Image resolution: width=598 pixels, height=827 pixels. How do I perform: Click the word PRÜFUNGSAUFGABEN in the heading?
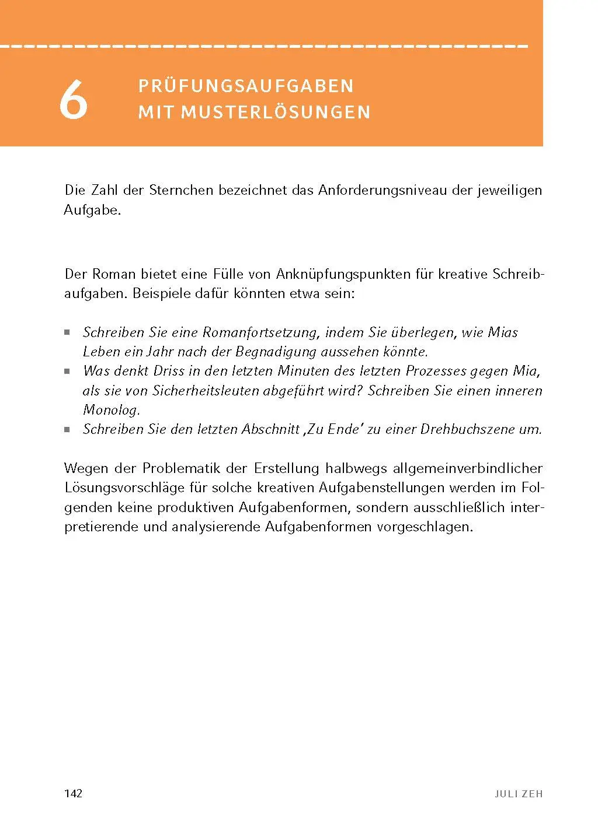click(x=246, y=86)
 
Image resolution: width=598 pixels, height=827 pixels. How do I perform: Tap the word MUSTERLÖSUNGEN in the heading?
click(x=276, y=112)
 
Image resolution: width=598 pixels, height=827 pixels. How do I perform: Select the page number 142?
click(x=73, y=793)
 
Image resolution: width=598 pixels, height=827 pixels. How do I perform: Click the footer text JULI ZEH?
click(x=519, y=794)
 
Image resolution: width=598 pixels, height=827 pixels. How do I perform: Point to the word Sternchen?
click(x=181, y=190)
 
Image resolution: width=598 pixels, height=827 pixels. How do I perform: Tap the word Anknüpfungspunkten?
click(x=343, y=274)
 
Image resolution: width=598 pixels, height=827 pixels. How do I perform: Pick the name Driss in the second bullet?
click(x=169, y=371)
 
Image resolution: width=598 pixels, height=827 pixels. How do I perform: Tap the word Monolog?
click(x=112, y=410)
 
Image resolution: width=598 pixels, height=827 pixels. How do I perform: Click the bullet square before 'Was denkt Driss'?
click(x=67, y=372)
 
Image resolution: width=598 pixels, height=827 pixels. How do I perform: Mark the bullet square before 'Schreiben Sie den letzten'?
click(x=67, y=430)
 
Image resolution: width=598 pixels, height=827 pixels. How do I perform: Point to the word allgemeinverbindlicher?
click(x=468, y=468)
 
